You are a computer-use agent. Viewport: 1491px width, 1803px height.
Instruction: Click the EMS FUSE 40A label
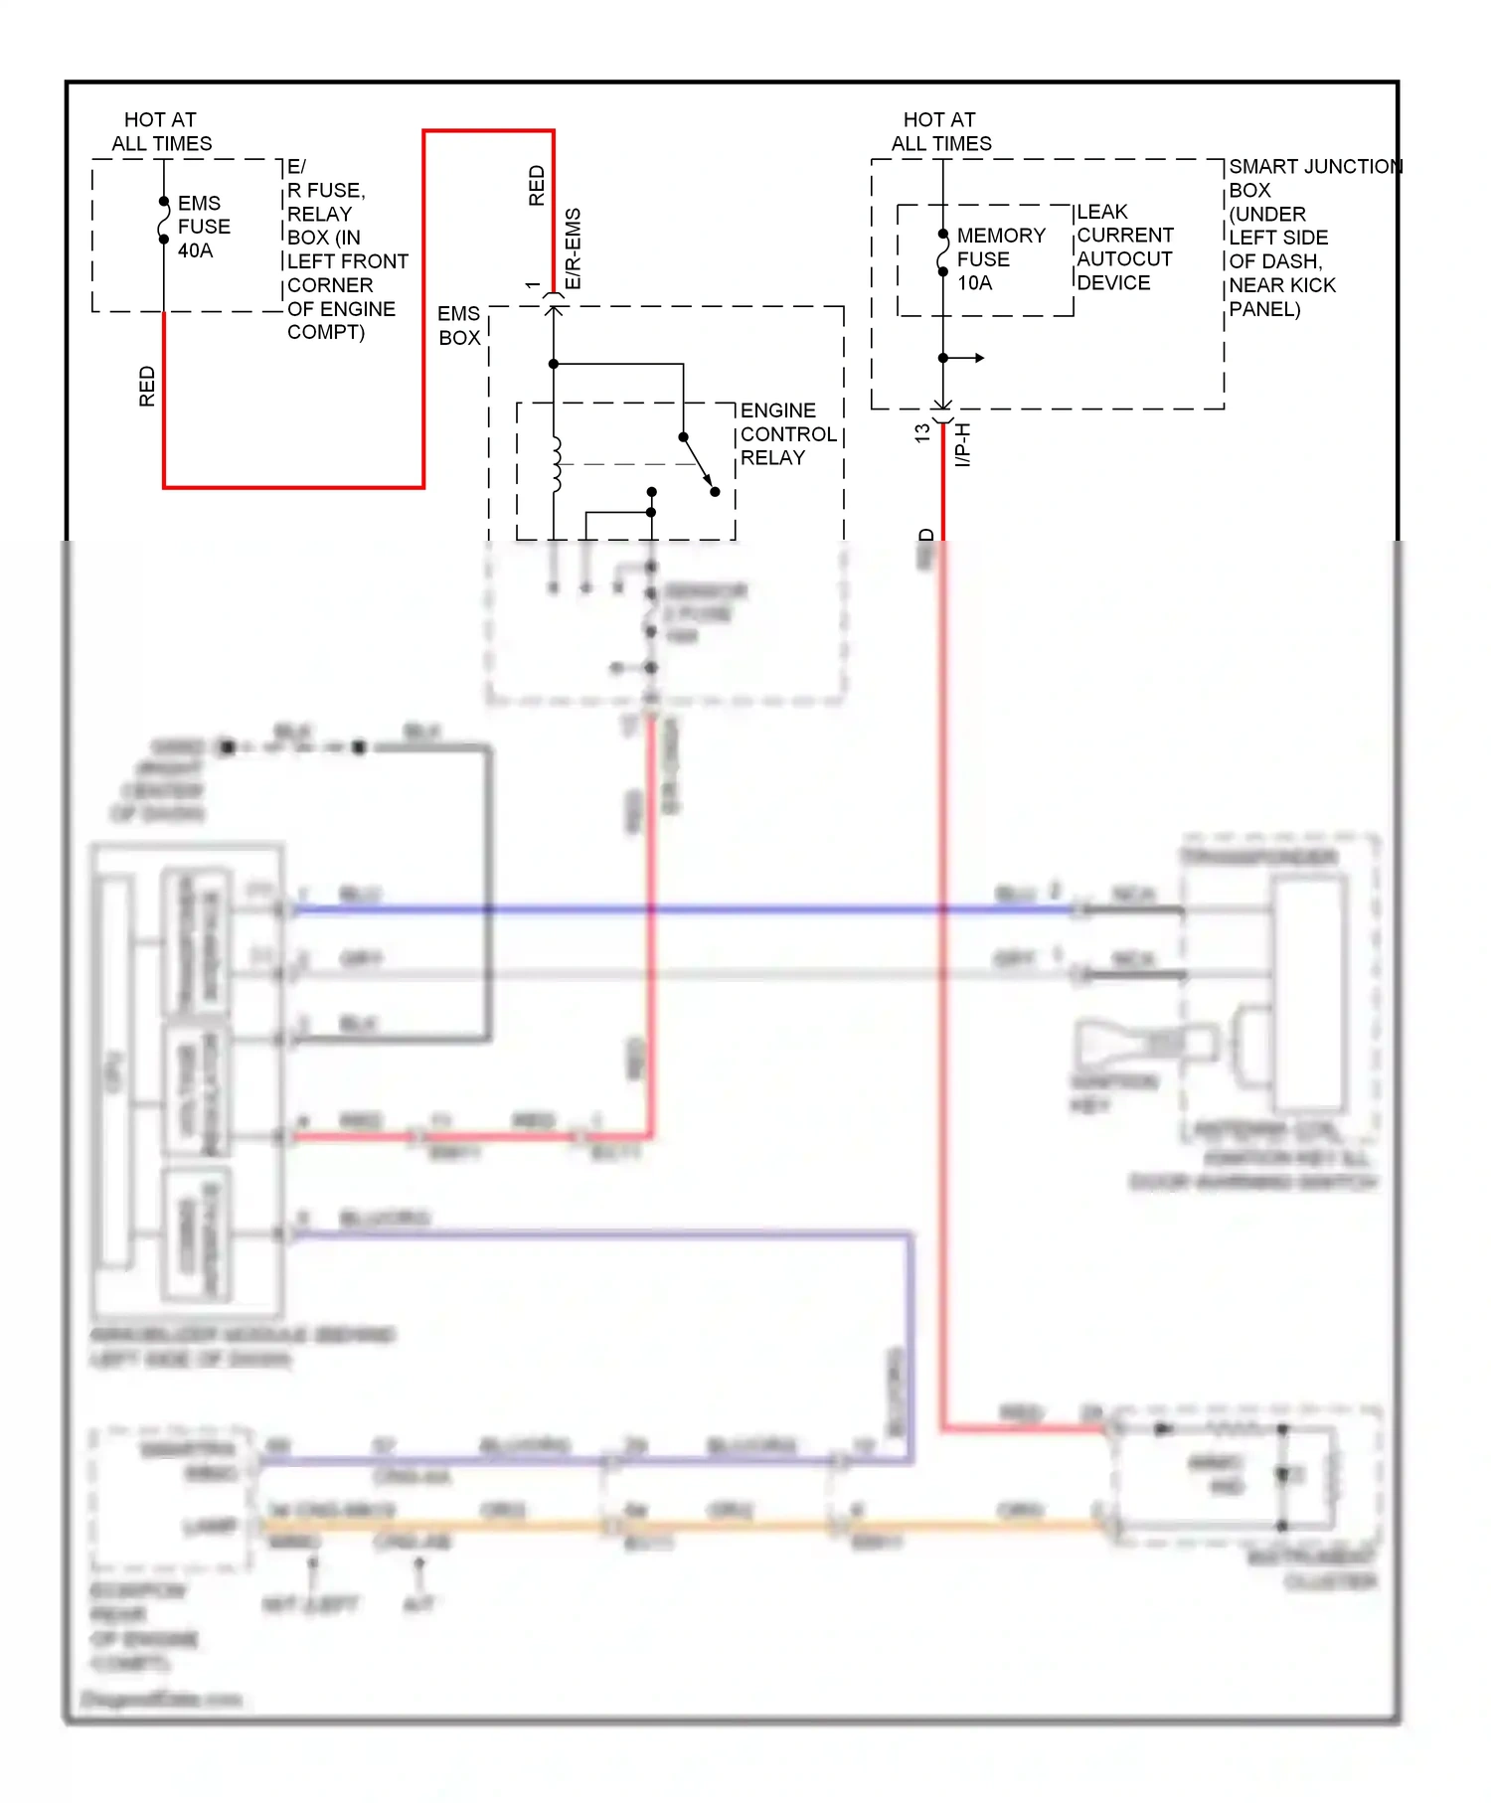click(203, 227)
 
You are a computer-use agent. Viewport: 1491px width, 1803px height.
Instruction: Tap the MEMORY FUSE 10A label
click(999, 259)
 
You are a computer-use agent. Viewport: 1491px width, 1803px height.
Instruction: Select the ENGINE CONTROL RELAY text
click(787, 434)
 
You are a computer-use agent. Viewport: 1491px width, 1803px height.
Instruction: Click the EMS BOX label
click(459, 326)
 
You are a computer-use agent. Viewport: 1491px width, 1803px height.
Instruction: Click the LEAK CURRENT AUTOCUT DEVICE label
click(1124, 247)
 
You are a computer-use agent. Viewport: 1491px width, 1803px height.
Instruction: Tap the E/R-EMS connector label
click(574, 248)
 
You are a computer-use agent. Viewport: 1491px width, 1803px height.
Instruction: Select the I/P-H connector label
click(962, 444)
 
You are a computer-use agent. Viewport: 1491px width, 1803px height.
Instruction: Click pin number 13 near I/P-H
click(922, 433)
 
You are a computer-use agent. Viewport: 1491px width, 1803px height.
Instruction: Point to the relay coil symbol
click(557, 464)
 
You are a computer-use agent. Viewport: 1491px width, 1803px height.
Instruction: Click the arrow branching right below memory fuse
click(969, 358)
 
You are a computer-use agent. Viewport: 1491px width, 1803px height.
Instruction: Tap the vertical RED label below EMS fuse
click(147, 386)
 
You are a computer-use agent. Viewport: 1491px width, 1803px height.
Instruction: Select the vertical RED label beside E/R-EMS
click(537, 186)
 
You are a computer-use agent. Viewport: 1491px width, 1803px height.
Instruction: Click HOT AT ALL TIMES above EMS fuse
click(161, 131)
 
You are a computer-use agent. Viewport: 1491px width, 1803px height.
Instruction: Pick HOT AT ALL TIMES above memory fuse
click(940, 131)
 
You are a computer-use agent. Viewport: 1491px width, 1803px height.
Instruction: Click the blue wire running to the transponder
click(696, 909)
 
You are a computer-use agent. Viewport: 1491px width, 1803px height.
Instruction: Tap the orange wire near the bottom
click(696, 1524)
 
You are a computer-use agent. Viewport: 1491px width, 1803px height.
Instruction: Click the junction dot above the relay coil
click(554, 364)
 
